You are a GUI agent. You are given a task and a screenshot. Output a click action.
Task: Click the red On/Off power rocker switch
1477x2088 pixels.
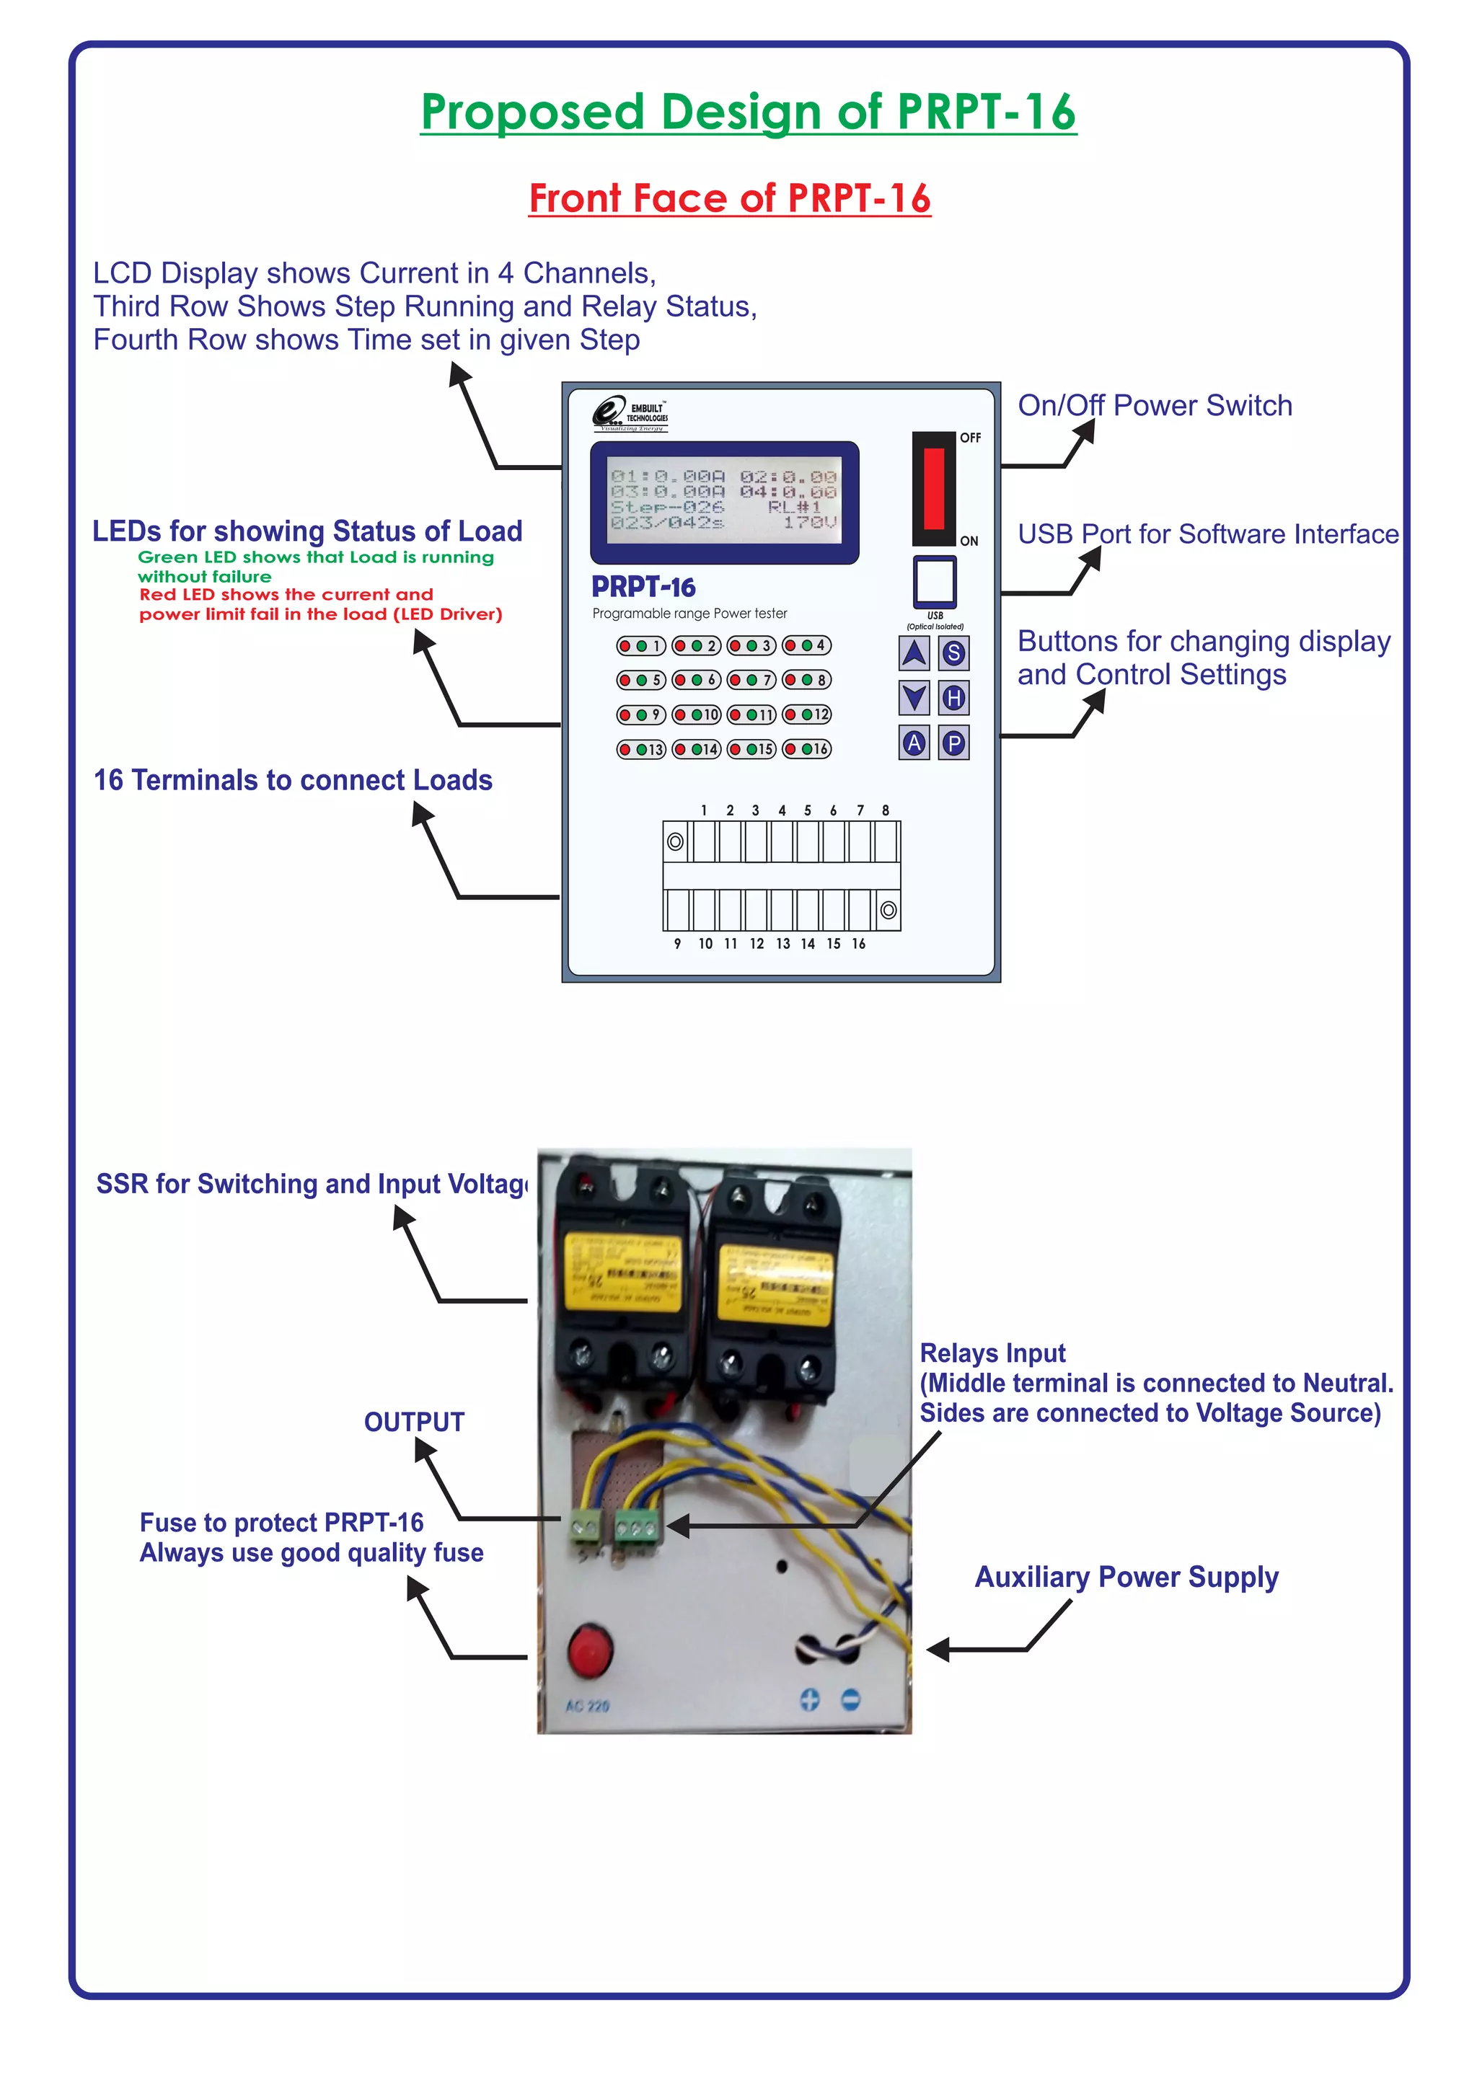click(x=934, y=488)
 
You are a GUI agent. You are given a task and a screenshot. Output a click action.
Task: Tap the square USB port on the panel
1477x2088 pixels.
click(x=934, y=581)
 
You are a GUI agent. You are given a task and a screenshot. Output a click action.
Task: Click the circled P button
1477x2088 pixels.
click(x=953, y=743)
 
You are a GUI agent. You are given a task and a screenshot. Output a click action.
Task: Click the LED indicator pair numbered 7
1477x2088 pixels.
click(x=751, y=679)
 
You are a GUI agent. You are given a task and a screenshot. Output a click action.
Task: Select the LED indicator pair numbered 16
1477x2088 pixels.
click(x=807, y=748)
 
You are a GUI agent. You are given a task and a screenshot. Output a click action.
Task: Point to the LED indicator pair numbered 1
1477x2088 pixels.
click(x=641, y=646)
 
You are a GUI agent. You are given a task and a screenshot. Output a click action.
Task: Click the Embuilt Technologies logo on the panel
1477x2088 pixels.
click(x=630, y=414)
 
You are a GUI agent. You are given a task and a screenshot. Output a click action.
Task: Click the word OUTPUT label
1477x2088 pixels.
click(x=414, y=1423)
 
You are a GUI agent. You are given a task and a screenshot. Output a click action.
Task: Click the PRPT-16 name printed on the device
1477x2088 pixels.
click(x=643, y=587)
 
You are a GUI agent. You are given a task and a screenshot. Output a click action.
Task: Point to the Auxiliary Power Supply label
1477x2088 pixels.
click(x=1126, y=1577)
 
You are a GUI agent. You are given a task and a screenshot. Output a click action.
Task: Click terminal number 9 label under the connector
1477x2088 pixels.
click(x=678, y=944)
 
